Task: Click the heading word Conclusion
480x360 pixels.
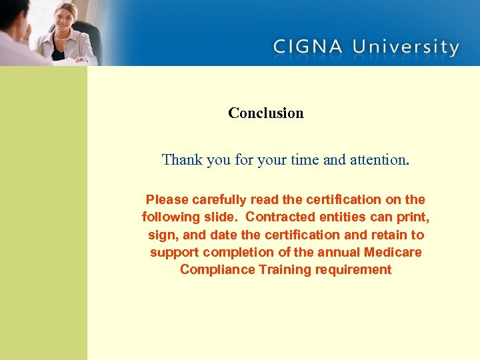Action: tap(265, 113)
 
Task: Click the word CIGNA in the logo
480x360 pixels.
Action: tap(307, 47)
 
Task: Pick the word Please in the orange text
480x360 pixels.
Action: tap(167, 199)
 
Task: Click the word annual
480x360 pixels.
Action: tap(340, 253)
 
